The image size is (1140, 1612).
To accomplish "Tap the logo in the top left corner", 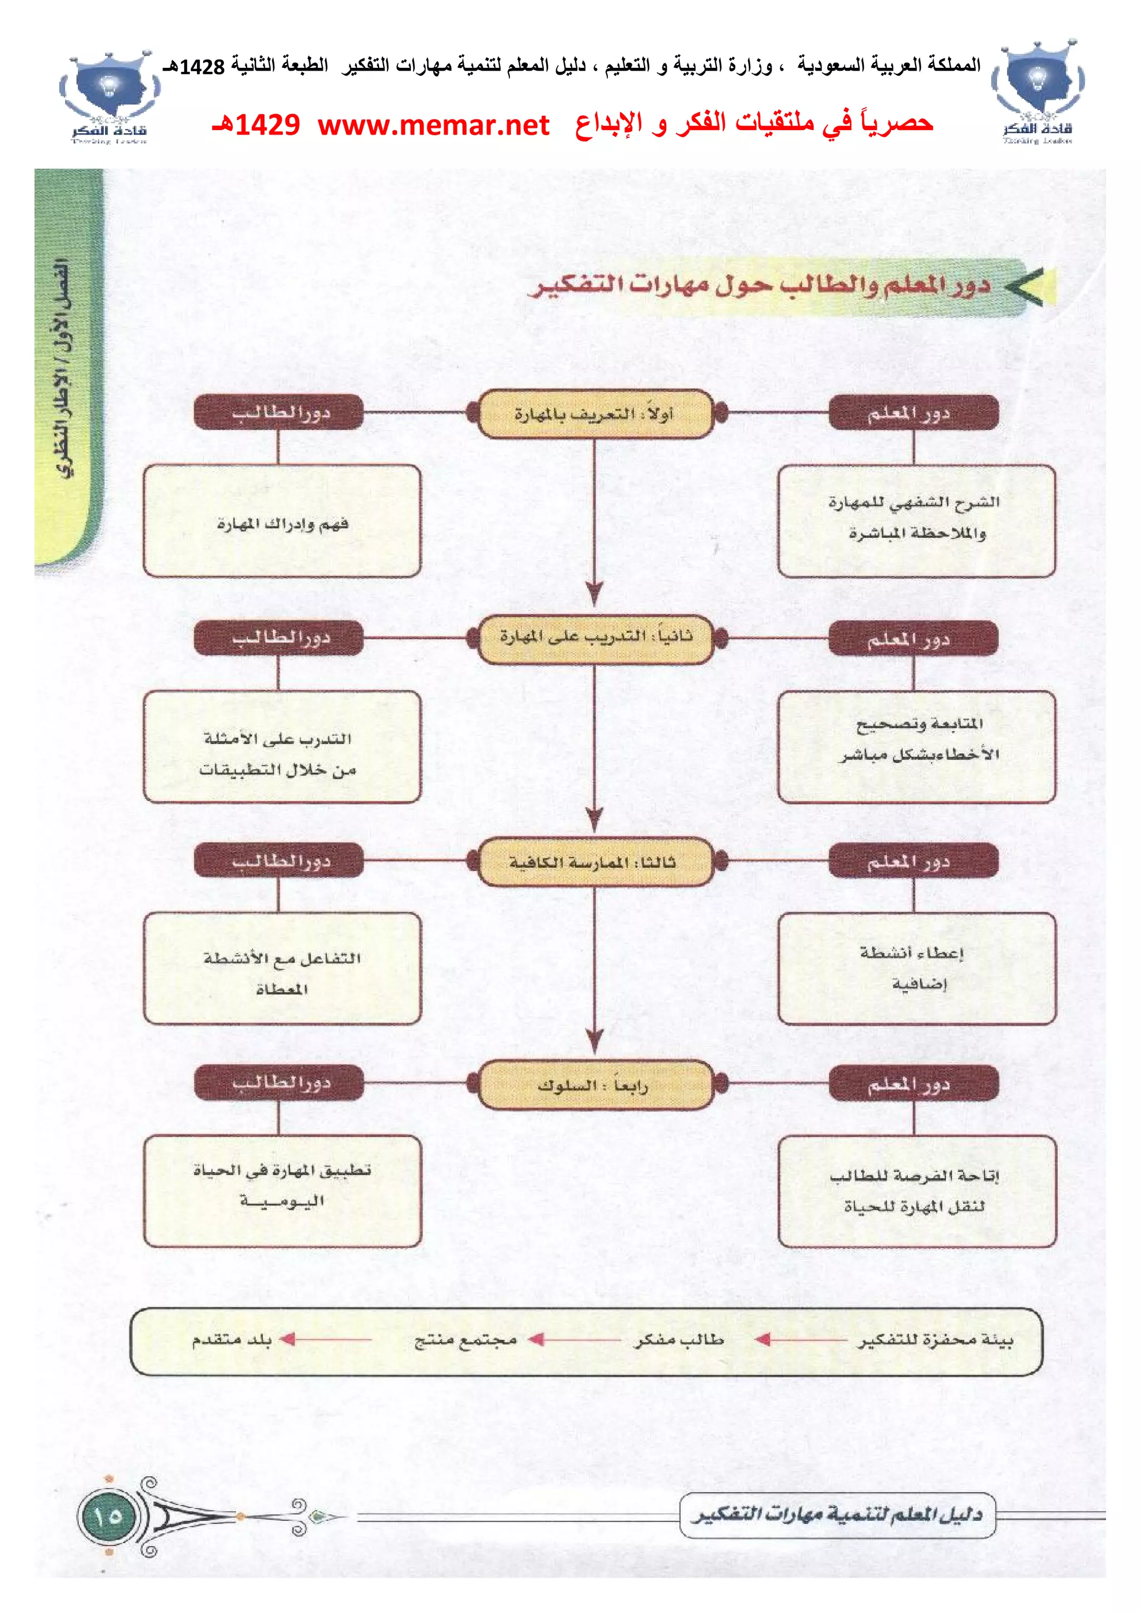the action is pyautogui.click(x=109, y=97).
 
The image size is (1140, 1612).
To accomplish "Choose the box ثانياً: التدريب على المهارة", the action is pyautogui.click(x=595, y=637).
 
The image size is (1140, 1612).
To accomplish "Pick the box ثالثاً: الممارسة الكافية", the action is pyautogui.click(x=595, y=862).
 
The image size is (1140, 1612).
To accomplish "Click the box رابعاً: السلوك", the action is pyautogui.click(x=595, y=1085).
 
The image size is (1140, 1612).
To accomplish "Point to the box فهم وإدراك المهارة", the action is pyautogui.click(x=282, y=521).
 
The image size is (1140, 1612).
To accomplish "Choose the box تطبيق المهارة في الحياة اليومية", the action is pyautogui.click(x=282, y=1191).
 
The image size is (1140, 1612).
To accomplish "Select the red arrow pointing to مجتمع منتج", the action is pyautogui.click(x=574, y=1339).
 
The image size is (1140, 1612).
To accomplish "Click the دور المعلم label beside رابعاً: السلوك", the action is pyautogui.click(x=912, y=1084).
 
